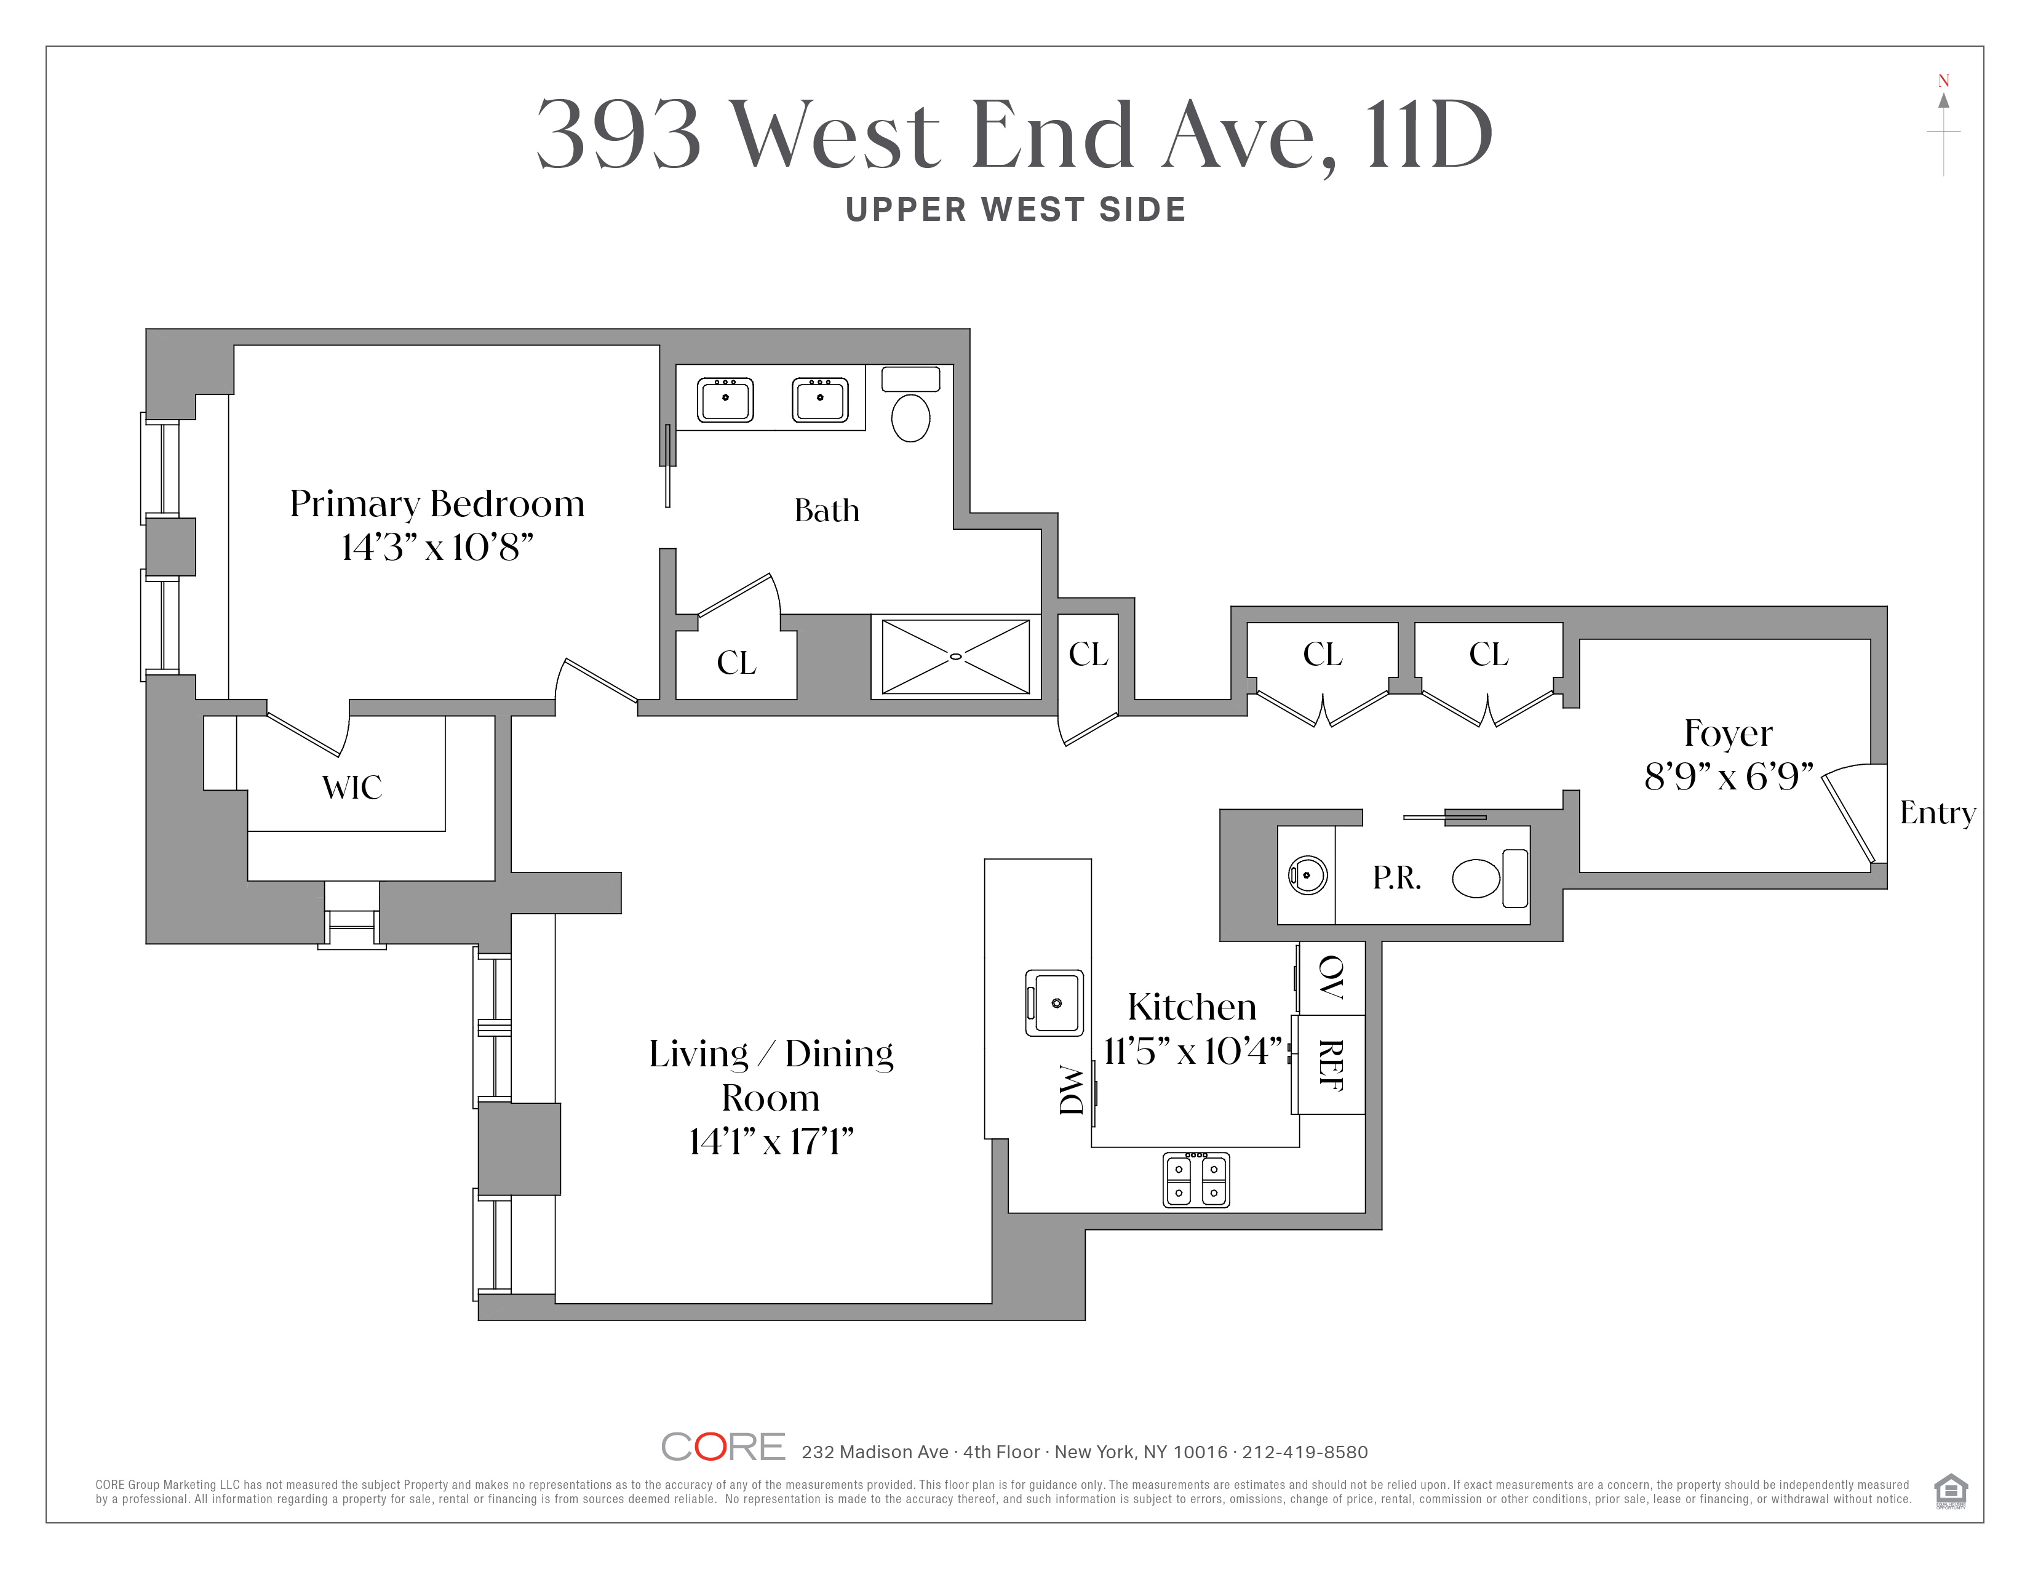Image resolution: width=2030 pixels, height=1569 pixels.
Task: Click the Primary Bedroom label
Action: pos(437,504)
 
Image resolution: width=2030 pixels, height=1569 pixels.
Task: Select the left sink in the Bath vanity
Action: pos(725,400)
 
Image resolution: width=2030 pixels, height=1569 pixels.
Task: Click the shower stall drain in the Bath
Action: pos(955,657)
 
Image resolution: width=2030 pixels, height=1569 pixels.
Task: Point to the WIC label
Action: pos(352,788)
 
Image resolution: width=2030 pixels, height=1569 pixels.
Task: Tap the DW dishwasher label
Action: pos(1072,1089)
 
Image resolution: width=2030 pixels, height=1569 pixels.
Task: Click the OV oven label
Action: pos(1332,977)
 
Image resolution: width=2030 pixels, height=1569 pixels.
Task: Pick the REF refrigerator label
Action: pos(1331,1065)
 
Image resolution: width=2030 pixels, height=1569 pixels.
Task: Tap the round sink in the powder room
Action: pos(1307,875)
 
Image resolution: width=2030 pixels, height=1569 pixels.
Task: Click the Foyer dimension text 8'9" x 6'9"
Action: pos(1729,776)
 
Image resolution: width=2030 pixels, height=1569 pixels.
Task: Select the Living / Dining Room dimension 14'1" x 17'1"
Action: pos(771,1141)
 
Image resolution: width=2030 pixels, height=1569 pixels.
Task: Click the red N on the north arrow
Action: pos(1943,81)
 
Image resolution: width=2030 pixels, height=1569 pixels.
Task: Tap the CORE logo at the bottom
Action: pos(723,1447)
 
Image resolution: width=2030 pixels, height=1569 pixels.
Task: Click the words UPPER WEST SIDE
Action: pos(1016,210)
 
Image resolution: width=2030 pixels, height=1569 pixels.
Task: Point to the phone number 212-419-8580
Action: pos(1305,1452)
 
